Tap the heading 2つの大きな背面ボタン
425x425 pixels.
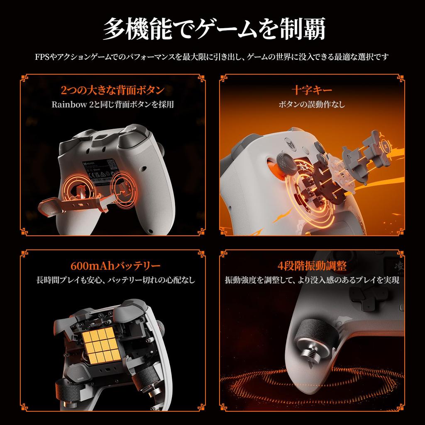tap(112, 90)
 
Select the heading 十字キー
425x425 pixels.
tap(312, 90)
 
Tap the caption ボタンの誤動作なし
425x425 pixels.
tap(312, 105)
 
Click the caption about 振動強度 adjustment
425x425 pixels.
tap(312, 280)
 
